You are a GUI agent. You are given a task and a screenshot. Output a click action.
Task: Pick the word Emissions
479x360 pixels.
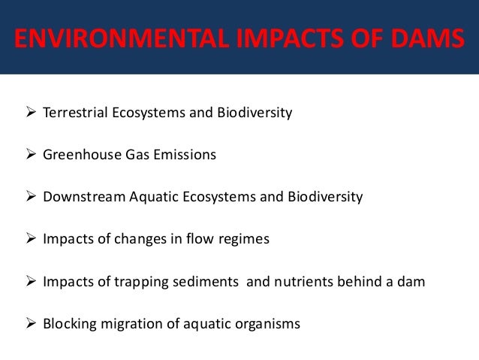188,156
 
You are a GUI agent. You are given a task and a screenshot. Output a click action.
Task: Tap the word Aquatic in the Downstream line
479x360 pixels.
152,198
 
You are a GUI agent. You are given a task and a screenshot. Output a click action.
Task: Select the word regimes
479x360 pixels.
244,240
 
